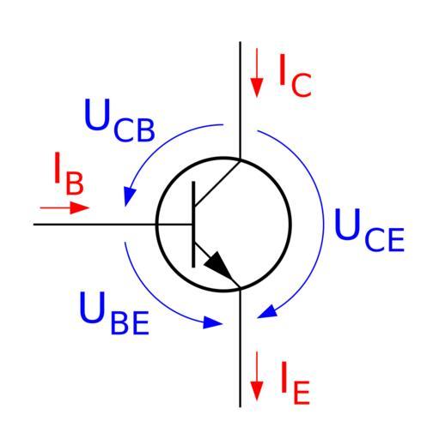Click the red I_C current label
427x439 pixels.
(295, 75)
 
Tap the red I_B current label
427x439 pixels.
(69, 173)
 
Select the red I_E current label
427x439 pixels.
(296, 383)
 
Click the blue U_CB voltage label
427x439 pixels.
(119, 120)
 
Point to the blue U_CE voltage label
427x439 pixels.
(369, 230)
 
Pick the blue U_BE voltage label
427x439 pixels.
(114, 313)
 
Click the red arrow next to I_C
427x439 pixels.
(257, 73)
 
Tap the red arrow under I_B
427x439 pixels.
(64, 207)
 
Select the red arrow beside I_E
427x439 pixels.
(257, 376)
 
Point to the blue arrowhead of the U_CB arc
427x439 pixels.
(129, 195)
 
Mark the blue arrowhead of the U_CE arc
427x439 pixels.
(267, 311)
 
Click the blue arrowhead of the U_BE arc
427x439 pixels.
(212, 322)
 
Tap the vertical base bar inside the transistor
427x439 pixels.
(193, 225)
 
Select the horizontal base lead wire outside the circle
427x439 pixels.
(95, 225)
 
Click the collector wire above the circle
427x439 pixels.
(240, 99)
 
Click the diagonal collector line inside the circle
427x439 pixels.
(217, 183)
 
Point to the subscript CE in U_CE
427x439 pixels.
(384, 239)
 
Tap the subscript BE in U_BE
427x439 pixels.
(130, 322)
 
